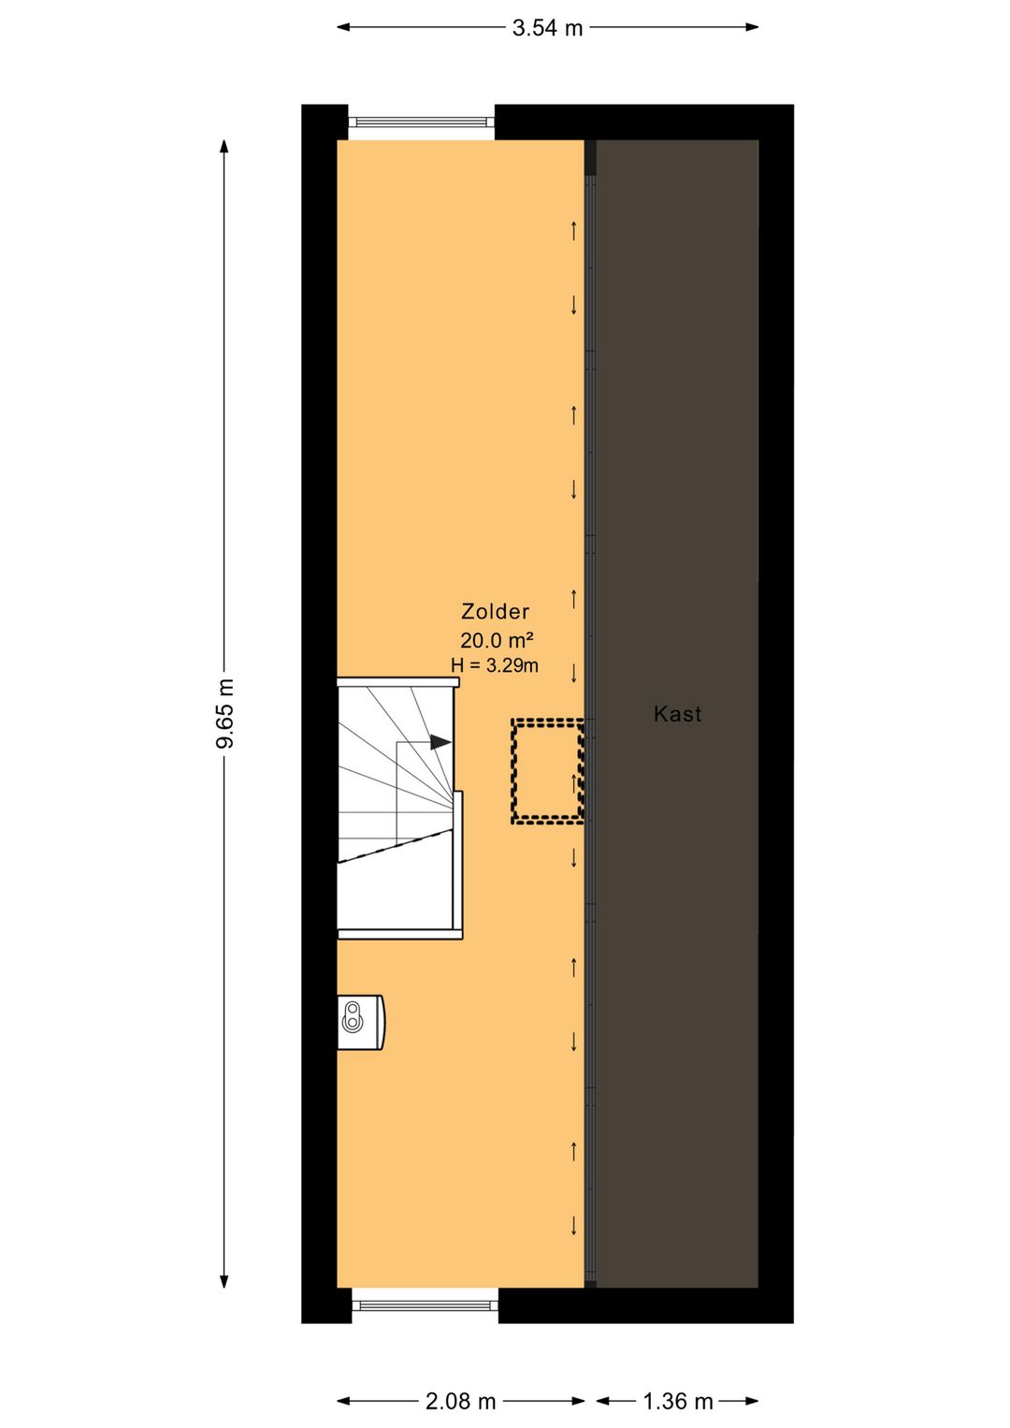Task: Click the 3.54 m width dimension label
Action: point(547,27)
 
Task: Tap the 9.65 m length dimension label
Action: point(225,713)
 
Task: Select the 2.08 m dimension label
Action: point(460,1401)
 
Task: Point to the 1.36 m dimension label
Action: point(677,1401)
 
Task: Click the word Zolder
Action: point(495,611)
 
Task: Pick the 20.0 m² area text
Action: point(497,639)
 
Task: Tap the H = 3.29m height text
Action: point(495,665)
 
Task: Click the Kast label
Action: point(677,713)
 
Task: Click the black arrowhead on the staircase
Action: point(441,742)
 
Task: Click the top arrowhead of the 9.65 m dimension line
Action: point(224,146)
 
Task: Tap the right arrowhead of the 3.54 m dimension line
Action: point(753,27)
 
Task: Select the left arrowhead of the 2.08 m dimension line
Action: point(343,1401)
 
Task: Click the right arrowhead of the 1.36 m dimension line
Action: point(753,1401)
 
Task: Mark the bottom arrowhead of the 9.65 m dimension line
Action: point(224,1281)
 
